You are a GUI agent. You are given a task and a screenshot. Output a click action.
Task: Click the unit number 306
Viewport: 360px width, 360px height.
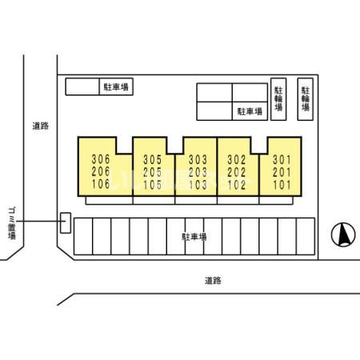101,159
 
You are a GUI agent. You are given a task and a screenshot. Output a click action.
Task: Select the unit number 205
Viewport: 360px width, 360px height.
153,172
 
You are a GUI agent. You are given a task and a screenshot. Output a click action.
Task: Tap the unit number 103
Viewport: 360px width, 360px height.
198,185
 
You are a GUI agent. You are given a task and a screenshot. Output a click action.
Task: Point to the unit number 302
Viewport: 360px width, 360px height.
237,160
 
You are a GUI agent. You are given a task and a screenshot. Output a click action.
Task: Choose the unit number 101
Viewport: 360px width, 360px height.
282,185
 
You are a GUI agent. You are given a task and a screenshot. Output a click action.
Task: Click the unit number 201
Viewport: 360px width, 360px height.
282,172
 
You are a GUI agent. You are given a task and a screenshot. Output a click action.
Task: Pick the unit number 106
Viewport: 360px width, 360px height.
101,184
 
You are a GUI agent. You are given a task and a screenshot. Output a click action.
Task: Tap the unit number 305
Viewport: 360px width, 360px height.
153,160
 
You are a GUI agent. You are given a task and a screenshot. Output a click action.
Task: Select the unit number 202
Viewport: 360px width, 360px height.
237,172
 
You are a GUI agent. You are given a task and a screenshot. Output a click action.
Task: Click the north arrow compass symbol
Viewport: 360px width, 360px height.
343,234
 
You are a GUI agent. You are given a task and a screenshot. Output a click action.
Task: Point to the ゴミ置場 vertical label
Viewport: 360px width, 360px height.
12,223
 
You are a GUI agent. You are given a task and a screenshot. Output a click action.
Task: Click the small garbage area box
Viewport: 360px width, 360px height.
66,223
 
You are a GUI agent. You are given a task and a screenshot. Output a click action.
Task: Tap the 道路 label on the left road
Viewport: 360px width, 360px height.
41,126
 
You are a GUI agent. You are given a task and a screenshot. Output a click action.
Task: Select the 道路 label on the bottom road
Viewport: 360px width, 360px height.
213,281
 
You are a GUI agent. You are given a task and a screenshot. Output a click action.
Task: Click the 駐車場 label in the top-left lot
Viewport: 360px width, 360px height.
116,87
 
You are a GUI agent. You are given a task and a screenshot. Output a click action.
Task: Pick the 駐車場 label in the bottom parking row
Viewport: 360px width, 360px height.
194,237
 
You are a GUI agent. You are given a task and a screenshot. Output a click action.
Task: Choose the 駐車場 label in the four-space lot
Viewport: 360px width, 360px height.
250,111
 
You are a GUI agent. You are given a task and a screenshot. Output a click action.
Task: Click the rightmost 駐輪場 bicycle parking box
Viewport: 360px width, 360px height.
306,99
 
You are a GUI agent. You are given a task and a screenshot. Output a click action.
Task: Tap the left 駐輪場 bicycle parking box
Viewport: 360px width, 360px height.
278,99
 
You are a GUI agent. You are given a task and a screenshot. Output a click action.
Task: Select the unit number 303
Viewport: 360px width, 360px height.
198,160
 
